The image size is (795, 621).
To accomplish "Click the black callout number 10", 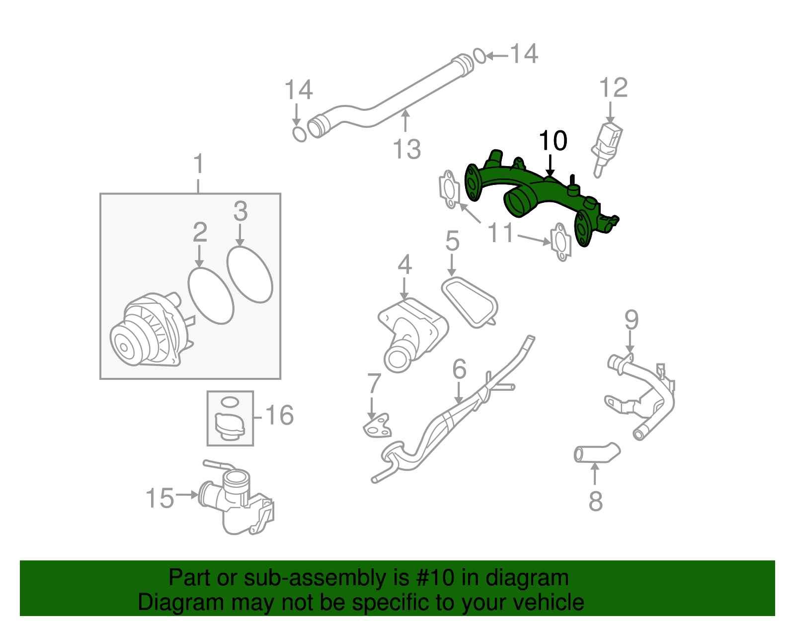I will [x=553, y=141].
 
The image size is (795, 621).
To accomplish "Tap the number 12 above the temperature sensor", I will [x=613, y=88].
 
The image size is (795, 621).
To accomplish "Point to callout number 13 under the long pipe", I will [x=406, y=149].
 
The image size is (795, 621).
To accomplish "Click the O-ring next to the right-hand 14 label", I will [x=479, y=56].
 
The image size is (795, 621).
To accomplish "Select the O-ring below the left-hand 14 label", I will [x=299, y=134].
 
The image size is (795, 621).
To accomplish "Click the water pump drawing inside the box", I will [x=149, y=331].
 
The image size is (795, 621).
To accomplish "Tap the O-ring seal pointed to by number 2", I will [x=211, y=296].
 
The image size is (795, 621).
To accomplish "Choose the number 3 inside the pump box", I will [x=240, y=211].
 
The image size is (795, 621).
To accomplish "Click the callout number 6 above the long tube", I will [x=459, y=369].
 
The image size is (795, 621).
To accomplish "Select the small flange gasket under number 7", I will [x=376, y=427].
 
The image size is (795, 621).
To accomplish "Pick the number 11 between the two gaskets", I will [x=501, y=233].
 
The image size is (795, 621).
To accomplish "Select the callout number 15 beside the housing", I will [x=160, y=498].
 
